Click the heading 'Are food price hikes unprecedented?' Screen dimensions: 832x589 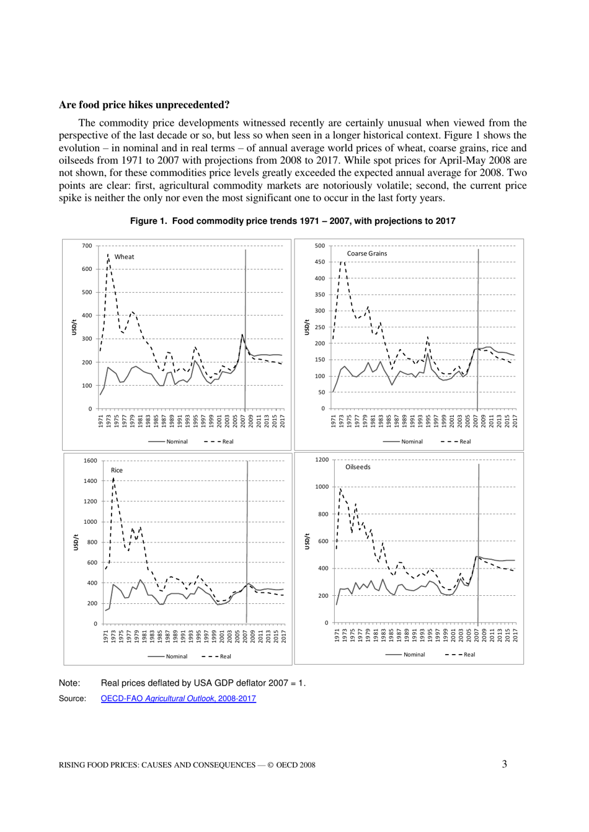click(x=144, y=105)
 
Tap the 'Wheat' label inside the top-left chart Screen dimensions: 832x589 click(x=124, y=257)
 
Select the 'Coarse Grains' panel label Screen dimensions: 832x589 click(x=366, y=254)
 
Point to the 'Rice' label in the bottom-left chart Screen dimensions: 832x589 click(x=117, y=471)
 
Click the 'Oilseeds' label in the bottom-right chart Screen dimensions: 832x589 click(x=358, y=467)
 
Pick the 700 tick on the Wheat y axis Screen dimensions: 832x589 click(x=87, y=246)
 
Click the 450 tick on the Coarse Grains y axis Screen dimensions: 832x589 click(x=319, y=262)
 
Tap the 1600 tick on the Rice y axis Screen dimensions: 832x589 click(x=90, y=461)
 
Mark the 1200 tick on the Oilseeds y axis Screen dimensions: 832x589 click(x=321, y=460)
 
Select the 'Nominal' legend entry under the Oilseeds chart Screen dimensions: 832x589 click(x=414, y=655)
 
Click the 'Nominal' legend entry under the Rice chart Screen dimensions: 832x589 click(x=177, y=656)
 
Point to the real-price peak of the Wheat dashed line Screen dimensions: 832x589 click(x=108, y=255)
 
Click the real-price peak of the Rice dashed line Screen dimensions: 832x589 click(x=113, y=479)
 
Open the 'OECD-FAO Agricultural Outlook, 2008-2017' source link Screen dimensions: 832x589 click(x=178, y=699)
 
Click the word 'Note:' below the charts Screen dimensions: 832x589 click(x=69, y=683)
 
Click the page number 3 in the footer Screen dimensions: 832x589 click(x=505, y=764)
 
